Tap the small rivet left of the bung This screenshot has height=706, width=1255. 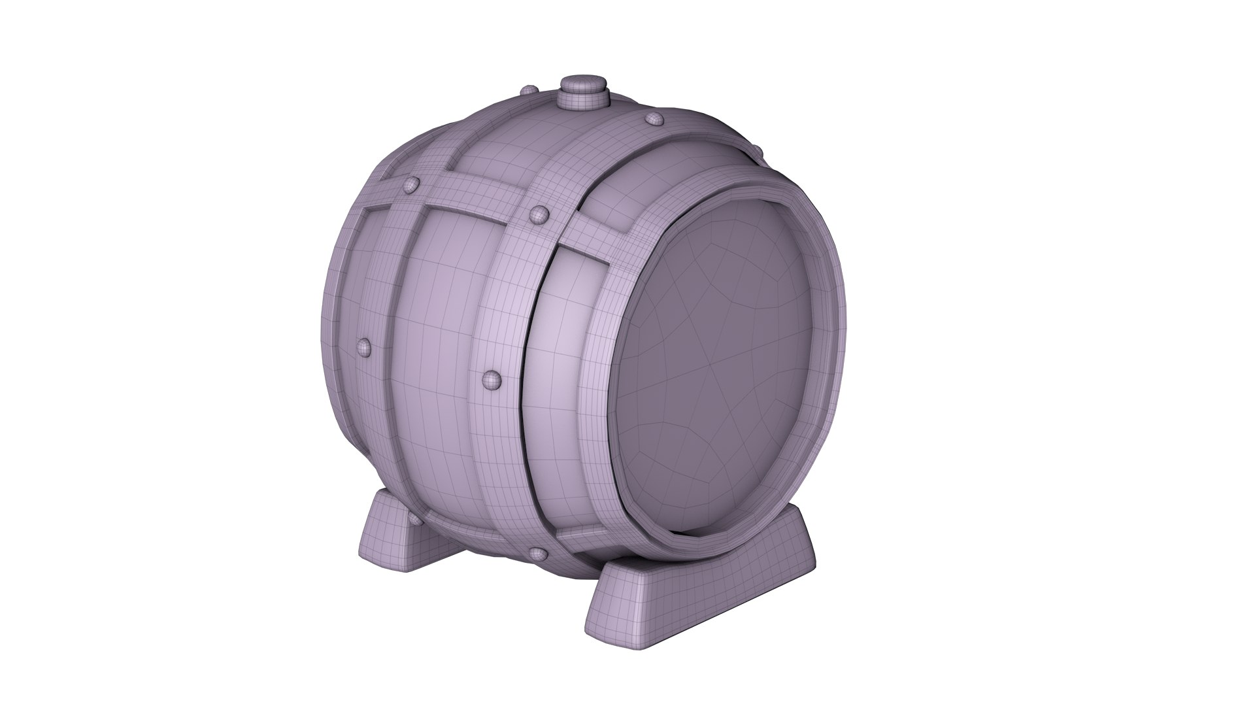click(529, 91)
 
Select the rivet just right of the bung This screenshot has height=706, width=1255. click(653, 118)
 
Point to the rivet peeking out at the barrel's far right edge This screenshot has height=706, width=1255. click(758, 153)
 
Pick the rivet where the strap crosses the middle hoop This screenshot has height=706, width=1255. click(539, 214)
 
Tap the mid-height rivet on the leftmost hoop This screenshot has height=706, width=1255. click(363, 346)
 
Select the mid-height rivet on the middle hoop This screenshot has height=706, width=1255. click(490, 380)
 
